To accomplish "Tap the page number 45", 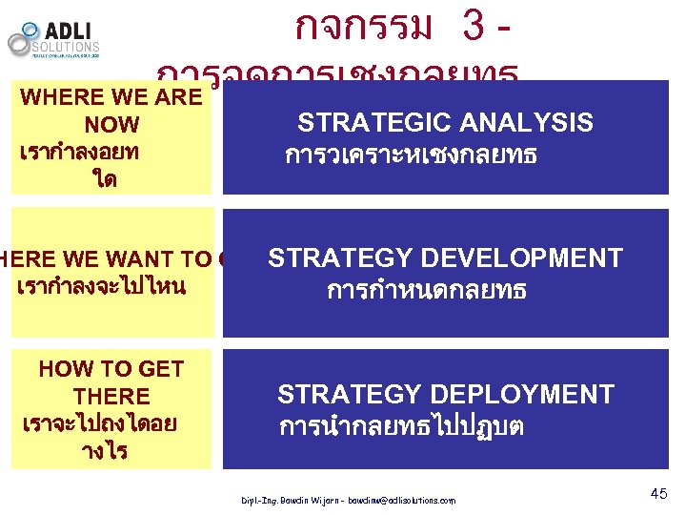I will (x=657, y=493).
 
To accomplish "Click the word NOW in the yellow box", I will (x=111, y=125).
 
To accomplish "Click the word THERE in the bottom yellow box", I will (x=111, y=396).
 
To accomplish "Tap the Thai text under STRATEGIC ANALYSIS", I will (x=411, y=154).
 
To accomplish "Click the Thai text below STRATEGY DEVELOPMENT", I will (x=426, y=290).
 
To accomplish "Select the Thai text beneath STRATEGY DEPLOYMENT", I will (x=401, y=425).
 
